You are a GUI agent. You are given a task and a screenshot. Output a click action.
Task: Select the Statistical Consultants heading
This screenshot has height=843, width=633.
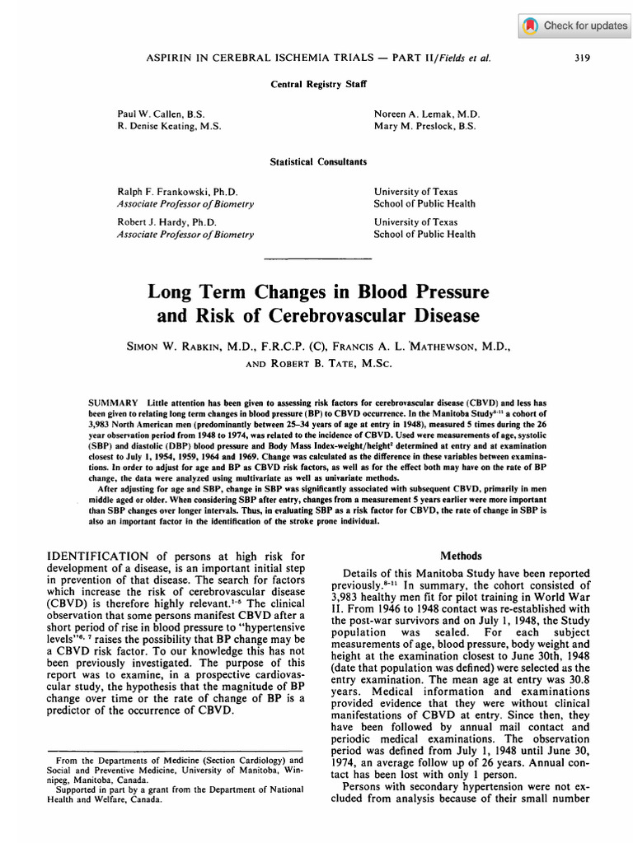317,162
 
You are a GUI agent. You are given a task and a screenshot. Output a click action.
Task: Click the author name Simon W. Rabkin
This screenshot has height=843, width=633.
186,347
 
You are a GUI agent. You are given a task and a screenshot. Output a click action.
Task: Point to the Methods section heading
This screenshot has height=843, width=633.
460,556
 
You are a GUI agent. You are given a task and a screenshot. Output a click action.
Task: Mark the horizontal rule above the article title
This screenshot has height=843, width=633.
316,259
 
